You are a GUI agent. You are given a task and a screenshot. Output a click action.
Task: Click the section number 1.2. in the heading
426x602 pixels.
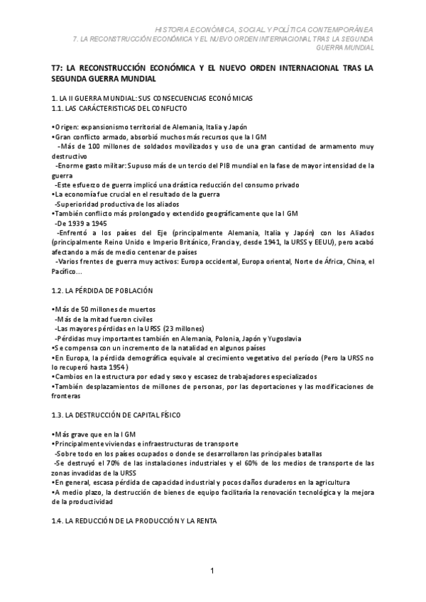(x=59, y=292)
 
